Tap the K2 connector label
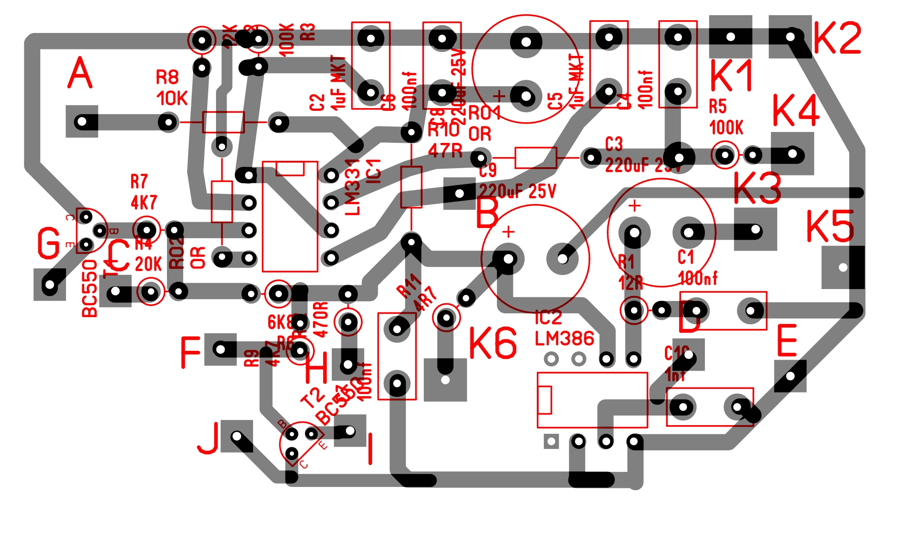837,38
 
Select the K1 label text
731,76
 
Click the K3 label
757,188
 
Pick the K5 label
829,226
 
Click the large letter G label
49,243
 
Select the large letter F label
190,352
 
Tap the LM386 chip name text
564,339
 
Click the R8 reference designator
167,77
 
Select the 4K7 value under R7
144,202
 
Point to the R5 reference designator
718,106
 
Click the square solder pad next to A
82,121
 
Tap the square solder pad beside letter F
220,350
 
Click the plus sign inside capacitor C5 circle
499,96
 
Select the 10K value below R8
172,98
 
